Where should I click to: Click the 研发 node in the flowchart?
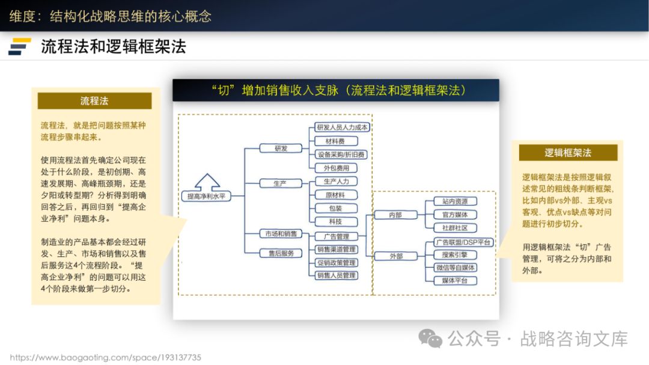(281, 148)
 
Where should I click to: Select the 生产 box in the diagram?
(281, 183)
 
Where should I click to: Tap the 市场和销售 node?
(281, 233)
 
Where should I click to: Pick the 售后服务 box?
(281, 253)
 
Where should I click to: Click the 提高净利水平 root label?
(206, 196)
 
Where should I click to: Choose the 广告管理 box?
(337, 236)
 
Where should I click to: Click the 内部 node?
(395, 215)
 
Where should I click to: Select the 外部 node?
(395, 256)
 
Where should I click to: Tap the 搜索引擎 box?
(455, 255)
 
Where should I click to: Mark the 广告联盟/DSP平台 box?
(463, 242)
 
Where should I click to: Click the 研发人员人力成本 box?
(342, 127)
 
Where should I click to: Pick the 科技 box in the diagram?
(337, 222)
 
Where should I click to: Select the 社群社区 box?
(455, 228)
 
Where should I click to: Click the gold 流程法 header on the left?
(94, 101)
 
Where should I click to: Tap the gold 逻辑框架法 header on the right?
(568, 153)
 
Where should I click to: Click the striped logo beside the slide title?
(20, 46)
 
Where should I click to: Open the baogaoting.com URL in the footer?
(106, 357)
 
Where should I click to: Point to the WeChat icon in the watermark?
(431, 339)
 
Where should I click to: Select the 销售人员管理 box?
(337, 275)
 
